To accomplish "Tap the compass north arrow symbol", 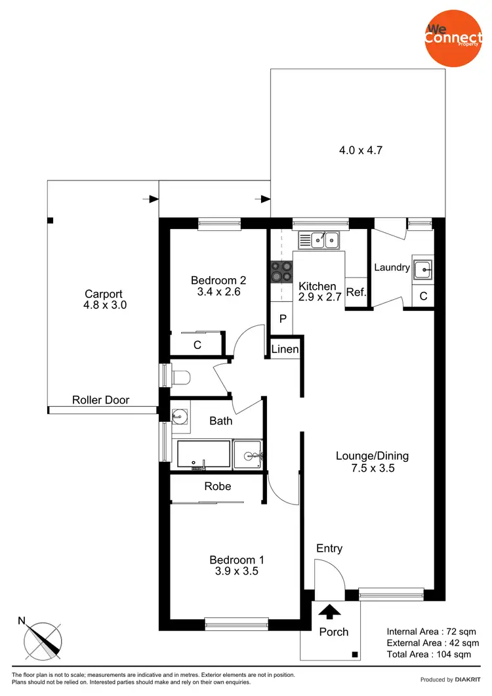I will click(x=43, y=638).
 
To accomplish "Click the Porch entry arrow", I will click(x=329, y=612).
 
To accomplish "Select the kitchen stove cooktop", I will click(x=281, y=272).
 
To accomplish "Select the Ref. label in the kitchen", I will click(x=356, y=293).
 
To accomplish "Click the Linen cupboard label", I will click(x=285, y=350).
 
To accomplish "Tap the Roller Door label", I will click(x=101, y=399).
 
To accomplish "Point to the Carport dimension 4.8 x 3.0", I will click(x=104, y=305).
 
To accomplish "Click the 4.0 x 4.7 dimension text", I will click(x=360, y=150).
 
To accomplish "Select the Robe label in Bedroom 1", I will click(x=218, y=486).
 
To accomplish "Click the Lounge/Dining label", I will click(x=372, y=456).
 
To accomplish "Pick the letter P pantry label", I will click(x=283, y=319).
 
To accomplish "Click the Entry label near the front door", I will click(x=329, y=548).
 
